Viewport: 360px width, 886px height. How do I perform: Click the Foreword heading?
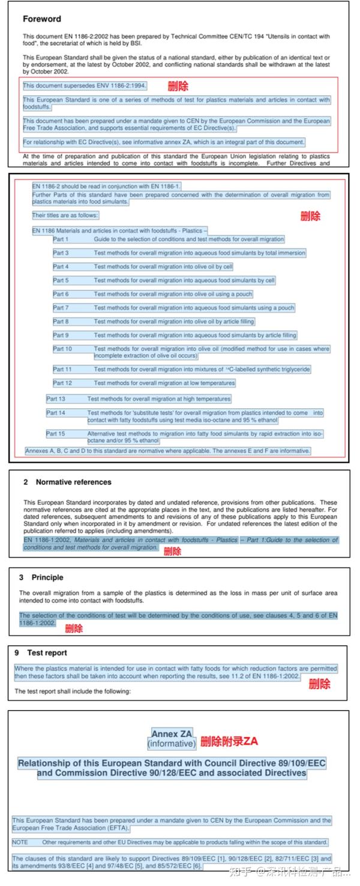(42, 19)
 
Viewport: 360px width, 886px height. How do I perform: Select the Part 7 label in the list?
(61, 308)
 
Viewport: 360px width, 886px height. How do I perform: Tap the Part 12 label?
(62, 383)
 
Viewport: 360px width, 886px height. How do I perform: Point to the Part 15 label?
(56, 433)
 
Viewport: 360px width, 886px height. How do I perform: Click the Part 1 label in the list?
(61, 239)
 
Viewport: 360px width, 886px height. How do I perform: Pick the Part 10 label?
(62, 349)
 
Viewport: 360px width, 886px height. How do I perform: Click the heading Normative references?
(73, 482)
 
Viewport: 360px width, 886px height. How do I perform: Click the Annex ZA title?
(173, 734)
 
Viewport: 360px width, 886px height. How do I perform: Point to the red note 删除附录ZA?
(229, 741)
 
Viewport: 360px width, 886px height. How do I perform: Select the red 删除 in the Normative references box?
(172, 551)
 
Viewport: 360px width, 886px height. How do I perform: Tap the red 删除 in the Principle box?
(74, 628)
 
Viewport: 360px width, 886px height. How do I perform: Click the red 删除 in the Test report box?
(319, 684)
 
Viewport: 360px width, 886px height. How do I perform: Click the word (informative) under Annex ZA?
(172, 744)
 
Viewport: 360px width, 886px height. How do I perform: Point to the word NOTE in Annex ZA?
(20, 842)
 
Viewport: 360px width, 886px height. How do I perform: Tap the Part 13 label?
(56, 399)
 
